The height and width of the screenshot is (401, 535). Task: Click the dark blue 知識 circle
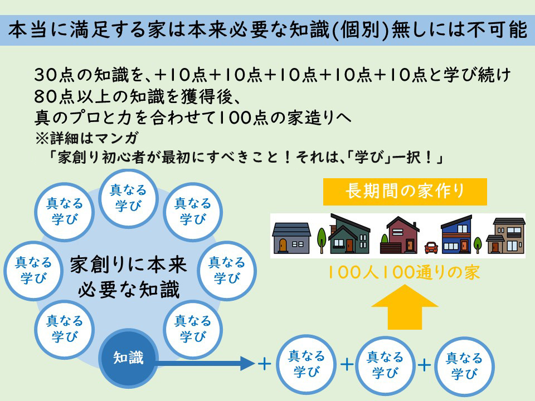[128, 358]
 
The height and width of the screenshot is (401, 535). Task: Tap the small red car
[431, 247]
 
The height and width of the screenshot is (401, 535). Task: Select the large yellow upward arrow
[405, 307]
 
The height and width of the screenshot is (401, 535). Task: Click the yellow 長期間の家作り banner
[405, 192]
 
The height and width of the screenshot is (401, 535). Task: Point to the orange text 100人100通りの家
[404, 272]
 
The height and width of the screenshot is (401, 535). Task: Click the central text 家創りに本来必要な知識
[129, 277]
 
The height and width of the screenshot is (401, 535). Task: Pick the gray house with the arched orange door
[291, 238]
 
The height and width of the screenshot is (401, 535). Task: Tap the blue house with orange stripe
[456, 234]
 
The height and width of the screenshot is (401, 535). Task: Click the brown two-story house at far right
[505, 235]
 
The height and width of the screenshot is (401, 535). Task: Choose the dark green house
[349, 234]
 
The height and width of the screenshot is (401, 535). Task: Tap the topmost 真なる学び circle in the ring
[128, 199]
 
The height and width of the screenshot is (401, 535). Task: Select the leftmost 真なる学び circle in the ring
[33, 271]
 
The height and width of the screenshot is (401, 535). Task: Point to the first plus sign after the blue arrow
[264, 364]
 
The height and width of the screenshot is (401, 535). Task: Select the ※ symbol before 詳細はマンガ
[42, 138]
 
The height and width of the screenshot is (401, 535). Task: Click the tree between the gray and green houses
[322, 241]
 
